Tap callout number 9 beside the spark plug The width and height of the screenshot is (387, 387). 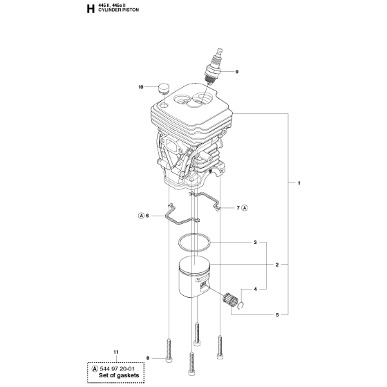[x=236, y=72]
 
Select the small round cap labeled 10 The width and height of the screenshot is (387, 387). [x=163, y=88]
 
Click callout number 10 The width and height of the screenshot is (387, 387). [x=141, y=87]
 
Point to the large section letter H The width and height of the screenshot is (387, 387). [x=91, y=9]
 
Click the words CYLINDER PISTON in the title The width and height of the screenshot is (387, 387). [x=118, y=10]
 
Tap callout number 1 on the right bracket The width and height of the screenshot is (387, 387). [x=299, y=183]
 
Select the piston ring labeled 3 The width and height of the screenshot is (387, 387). [x=194, y=243]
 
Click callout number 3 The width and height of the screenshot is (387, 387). [x=256, y=243]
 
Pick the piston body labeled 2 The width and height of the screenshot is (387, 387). [x=194, y=277]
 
